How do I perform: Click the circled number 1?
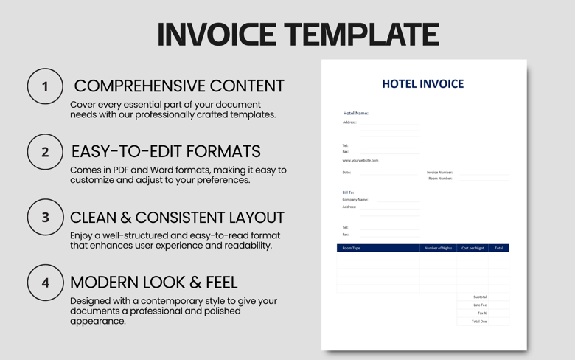point(45,87)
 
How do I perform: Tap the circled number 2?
point(45,152)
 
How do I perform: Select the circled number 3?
point(45,218)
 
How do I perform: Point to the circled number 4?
point(45,283)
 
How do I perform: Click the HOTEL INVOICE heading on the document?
point(422,84)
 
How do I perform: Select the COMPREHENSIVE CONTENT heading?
point(179,86)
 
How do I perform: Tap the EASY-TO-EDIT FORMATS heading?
point(166,152)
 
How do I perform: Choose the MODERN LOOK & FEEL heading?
point(153,283)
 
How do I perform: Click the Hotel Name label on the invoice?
point(355,114)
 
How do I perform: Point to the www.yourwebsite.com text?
point(360,160)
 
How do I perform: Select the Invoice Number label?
point(439,173)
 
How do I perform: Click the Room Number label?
point(440,179)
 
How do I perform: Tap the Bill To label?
point(348,193)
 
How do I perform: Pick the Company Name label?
point(355,200)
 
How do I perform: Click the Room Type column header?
point(352,249)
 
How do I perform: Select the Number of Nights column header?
point(438,249)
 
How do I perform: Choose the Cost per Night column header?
point(473,249)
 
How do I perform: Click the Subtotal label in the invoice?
point(480,297)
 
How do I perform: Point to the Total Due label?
point(479,322)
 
